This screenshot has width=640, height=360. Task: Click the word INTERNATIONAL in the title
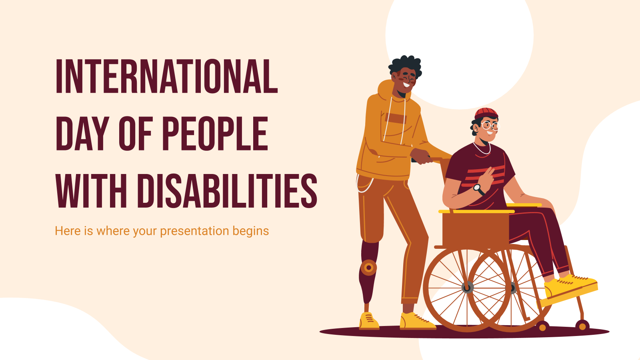[166, 76]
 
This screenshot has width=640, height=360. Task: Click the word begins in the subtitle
[251, 231]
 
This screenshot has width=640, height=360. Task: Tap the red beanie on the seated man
[486, 113]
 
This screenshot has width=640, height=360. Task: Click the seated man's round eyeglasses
[491, 126]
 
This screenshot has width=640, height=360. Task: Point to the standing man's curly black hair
[405, 66]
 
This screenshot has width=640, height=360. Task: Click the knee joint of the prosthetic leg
[368, 267]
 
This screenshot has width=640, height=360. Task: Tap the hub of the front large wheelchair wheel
[467, 287]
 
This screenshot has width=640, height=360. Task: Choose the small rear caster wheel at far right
[582, 326]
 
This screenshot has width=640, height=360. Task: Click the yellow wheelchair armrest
[476, 211]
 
